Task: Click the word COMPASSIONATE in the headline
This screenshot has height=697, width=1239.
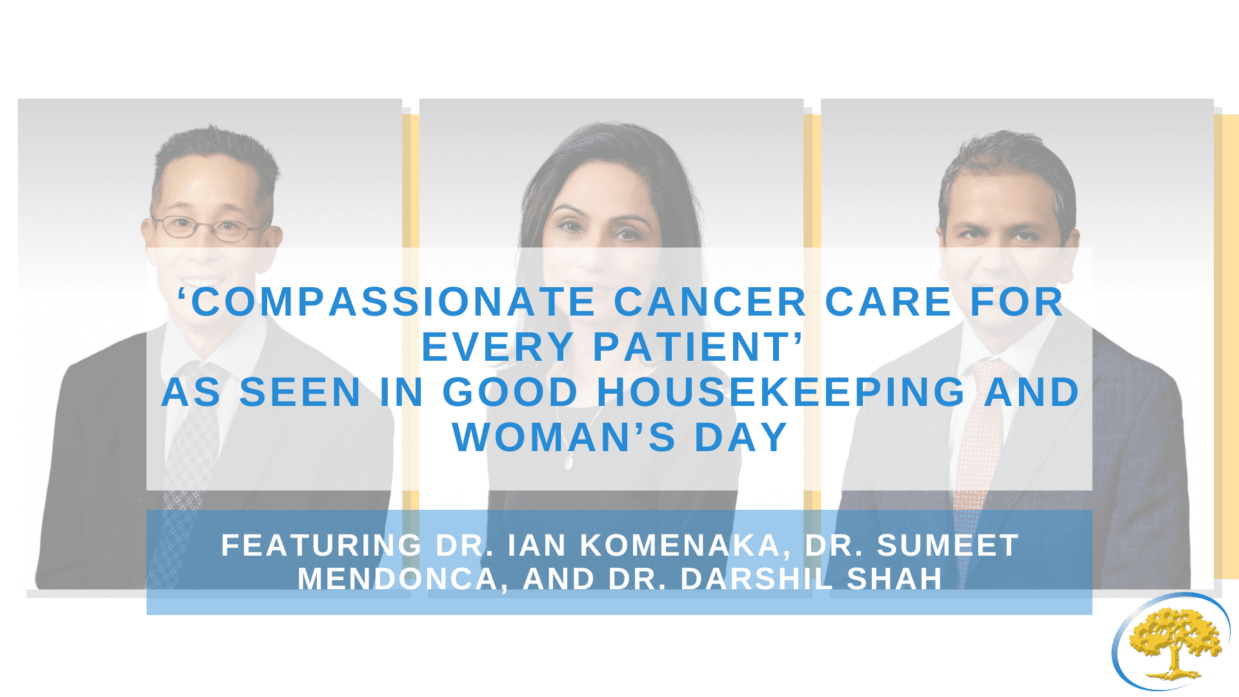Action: (393, 302)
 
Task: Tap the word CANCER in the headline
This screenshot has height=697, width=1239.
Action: (710, 302)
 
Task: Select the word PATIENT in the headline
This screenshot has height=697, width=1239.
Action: (692, 347)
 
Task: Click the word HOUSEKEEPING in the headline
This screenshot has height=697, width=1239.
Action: (781, 392)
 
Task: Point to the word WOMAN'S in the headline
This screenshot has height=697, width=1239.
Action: (565, 438)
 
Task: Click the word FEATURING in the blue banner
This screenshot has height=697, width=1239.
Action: (321, 545)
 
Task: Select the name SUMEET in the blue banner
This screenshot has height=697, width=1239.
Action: (947, 545)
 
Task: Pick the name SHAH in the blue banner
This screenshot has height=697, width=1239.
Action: (894, 579)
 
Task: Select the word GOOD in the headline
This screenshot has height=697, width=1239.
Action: (510, 392)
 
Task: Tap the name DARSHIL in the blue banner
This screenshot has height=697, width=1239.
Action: (757, 579)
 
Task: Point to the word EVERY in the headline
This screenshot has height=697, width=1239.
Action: (498, 347)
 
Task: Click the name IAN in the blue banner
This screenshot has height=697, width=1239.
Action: (535, 545)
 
